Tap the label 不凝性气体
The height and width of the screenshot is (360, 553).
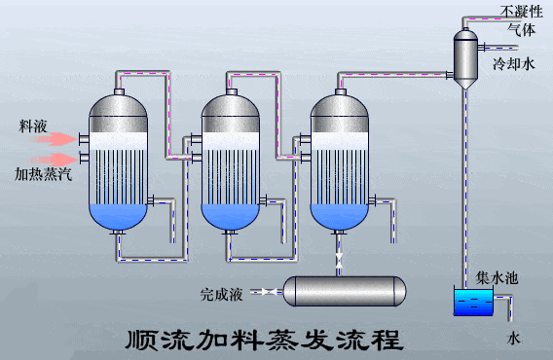[520, 20]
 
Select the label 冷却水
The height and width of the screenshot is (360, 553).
[513, 65]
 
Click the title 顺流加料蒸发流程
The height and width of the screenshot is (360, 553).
[264, 340]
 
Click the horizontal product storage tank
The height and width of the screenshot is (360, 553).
[343, 289]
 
